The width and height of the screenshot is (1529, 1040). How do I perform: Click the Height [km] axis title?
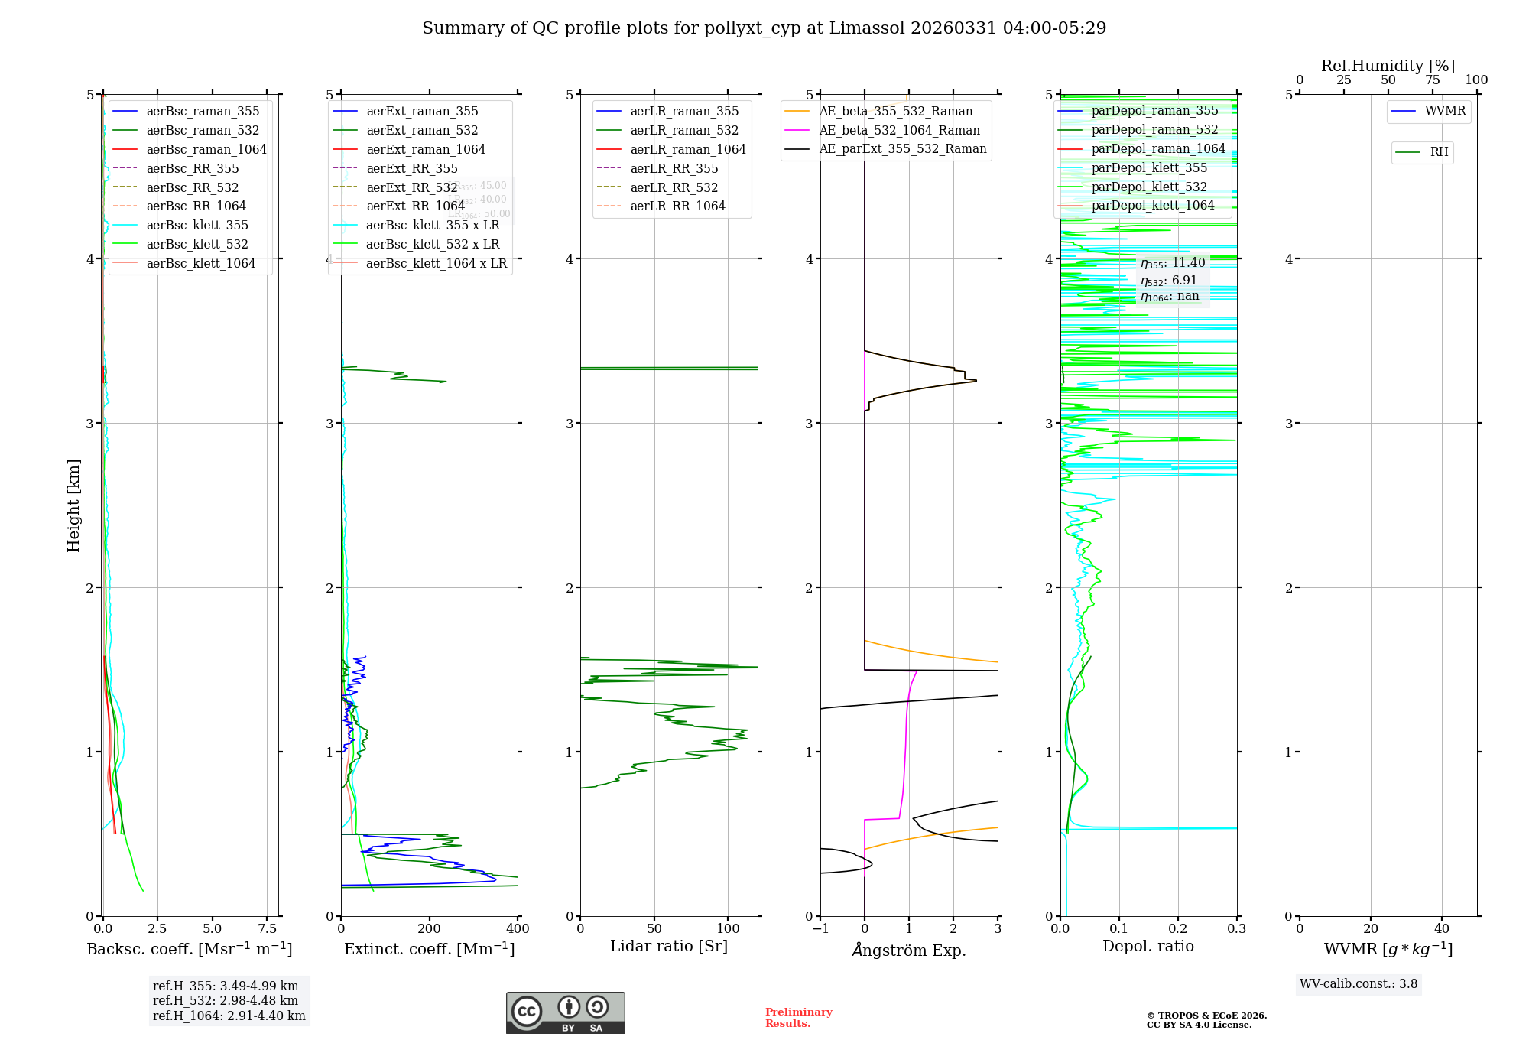(73, 505)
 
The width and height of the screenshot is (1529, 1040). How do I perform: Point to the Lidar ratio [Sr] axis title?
(669, 946)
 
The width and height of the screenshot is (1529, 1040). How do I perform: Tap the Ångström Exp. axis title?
(909, 950)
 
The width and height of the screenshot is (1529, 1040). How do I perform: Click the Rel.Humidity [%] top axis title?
(1388, 66)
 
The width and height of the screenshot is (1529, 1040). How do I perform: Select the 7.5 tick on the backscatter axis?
(267, 928)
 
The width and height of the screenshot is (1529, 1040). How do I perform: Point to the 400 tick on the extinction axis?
(518, 928)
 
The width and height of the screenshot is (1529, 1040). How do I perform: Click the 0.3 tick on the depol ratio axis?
(1236, 928)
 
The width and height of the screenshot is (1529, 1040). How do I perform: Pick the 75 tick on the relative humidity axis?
(1432, 80)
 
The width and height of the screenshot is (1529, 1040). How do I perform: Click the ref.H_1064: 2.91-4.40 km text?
(229, 1016)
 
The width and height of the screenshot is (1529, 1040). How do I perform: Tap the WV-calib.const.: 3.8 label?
(1359, 983)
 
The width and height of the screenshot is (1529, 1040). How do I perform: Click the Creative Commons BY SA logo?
(565, 1012)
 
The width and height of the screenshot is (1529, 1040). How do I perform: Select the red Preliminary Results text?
(798, 1017)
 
